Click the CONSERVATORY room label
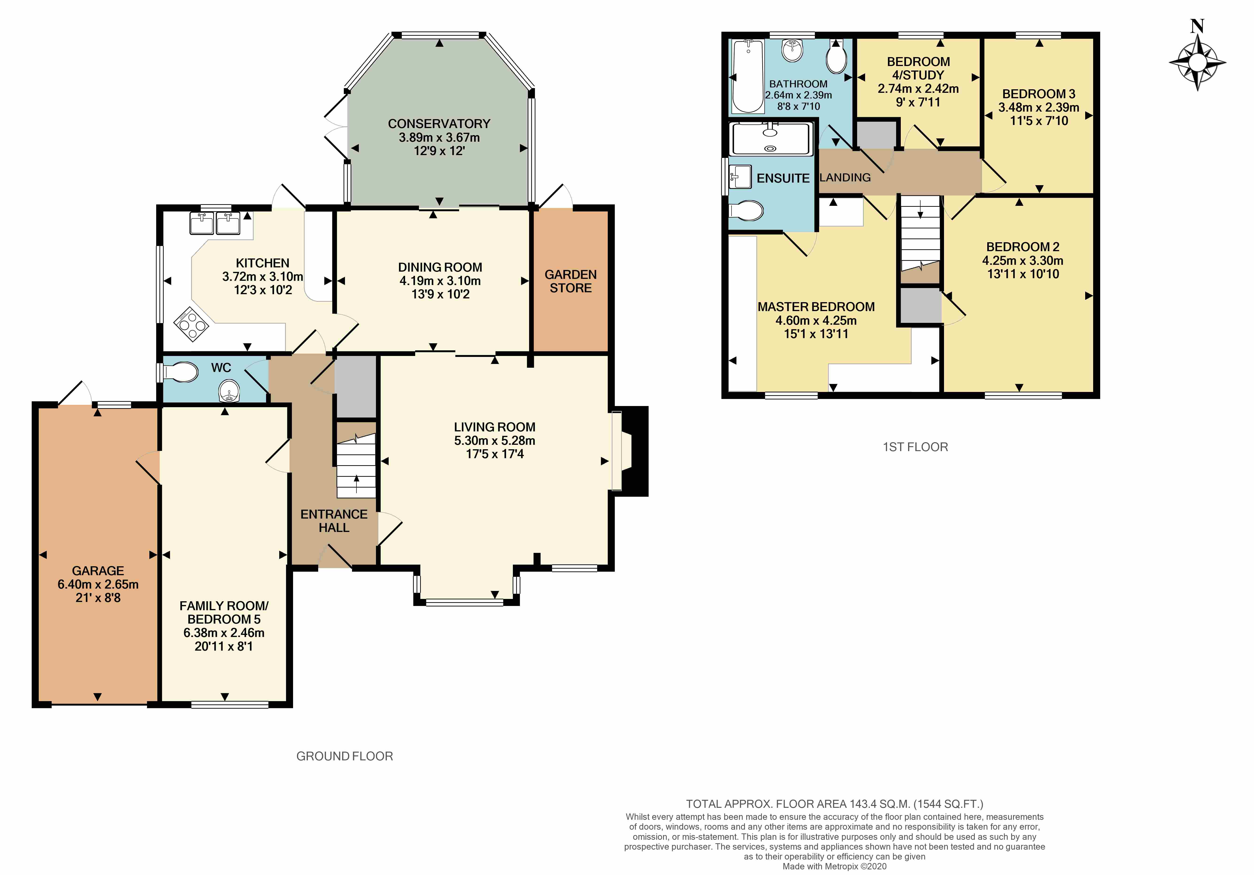[439, 124]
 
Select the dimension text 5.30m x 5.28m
[494, 441]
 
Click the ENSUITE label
[783, 178]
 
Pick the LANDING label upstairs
[845, 178]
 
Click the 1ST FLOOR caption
[915, 447]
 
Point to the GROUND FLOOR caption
[345, 756]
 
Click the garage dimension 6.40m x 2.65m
[98, 584]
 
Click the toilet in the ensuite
[746, 211]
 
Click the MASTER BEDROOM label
[816, 307]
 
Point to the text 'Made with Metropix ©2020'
[835, 866]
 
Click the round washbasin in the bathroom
[793, 51]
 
